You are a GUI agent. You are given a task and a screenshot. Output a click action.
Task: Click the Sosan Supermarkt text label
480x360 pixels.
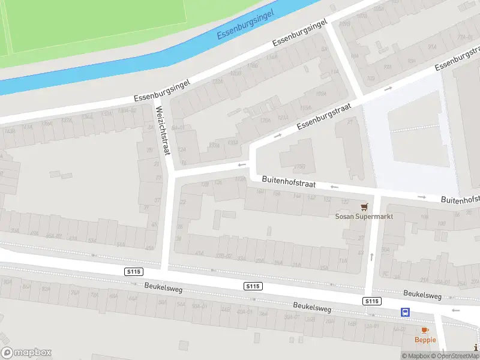(x=364, y=217)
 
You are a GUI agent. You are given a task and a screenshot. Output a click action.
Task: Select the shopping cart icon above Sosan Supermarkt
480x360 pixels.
(x=364, y=206)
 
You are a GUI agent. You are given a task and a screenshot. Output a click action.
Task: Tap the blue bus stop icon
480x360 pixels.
(x=406, y=312)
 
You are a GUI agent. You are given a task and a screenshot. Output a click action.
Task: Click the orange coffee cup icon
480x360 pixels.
(x=425, y=330)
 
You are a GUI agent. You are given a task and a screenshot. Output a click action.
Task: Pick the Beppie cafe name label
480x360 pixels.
(x=425, y=340)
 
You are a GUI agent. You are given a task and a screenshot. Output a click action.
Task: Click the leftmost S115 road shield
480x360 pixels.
(x=134, y=272)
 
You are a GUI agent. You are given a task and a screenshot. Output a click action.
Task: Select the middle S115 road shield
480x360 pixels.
(x=253, y=286)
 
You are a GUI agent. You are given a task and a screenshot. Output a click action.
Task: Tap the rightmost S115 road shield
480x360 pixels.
(x=372, y=301)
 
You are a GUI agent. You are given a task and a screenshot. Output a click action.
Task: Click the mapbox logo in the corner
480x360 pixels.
(x=26, y=353)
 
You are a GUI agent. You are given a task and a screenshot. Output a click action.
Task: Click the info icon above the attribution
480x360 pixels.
(x=476, y=346)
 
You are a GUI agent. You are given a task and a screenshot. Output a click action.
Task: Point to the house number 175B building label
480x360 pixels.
(x=300, y=167)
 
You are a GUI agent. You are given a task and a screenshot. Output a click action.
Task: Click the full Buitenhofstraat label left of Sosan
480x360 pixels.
(x=289, y=182)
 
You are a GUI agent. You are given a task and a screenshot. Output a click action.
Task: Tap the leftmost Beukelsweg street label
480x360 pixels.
(x=163, y=288)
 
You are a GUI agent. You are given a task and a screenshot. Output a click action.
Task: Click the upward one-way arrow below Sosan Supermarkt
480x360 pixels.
(x=372, y=257)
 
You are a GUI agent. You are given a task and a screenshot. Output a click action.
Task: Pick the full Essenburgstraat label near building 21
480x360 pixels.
(x=323, y=115)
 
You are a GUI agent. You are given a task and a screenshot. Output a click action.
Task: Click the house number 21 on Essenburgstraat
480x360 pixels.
(x=350, y=122)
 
